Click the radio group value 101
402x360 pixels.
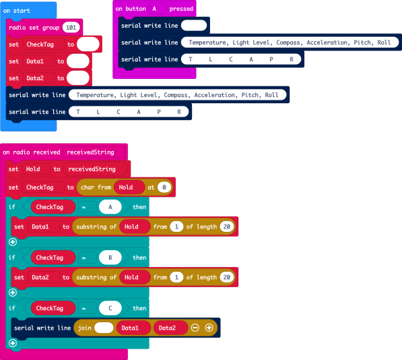(70, 28)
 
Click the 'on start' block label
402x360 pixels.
(17, 11)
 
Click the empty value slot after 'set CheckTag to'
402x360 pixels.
(88, 44)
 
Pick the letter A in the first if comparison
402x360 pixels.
(110, 207)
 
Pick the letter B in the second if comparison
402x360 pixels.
(110, 258)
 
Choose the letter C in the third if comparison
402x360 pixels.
(110, 308)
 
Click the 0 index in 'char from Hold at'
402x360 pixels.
(164, 187)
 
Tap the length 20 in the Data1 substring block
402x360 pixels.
(226, 227)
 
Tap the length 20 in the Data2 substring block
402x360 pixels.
(226, 277)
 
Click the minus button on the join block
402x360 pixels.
(195, 328)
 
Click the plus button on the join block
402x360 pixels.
(209, 328)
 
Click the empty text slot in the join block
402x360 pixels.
(104, 328)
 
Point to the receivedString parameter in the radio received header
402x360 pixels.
(90, 152)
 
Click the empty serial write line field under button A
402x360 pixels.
(194, 26)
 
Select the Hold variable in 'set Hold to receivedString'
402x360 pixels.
(33, 169)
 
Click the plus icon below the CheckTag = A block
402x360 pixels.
(12, 242)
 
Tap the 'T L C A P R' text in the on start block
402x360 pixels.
(128, 112)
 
